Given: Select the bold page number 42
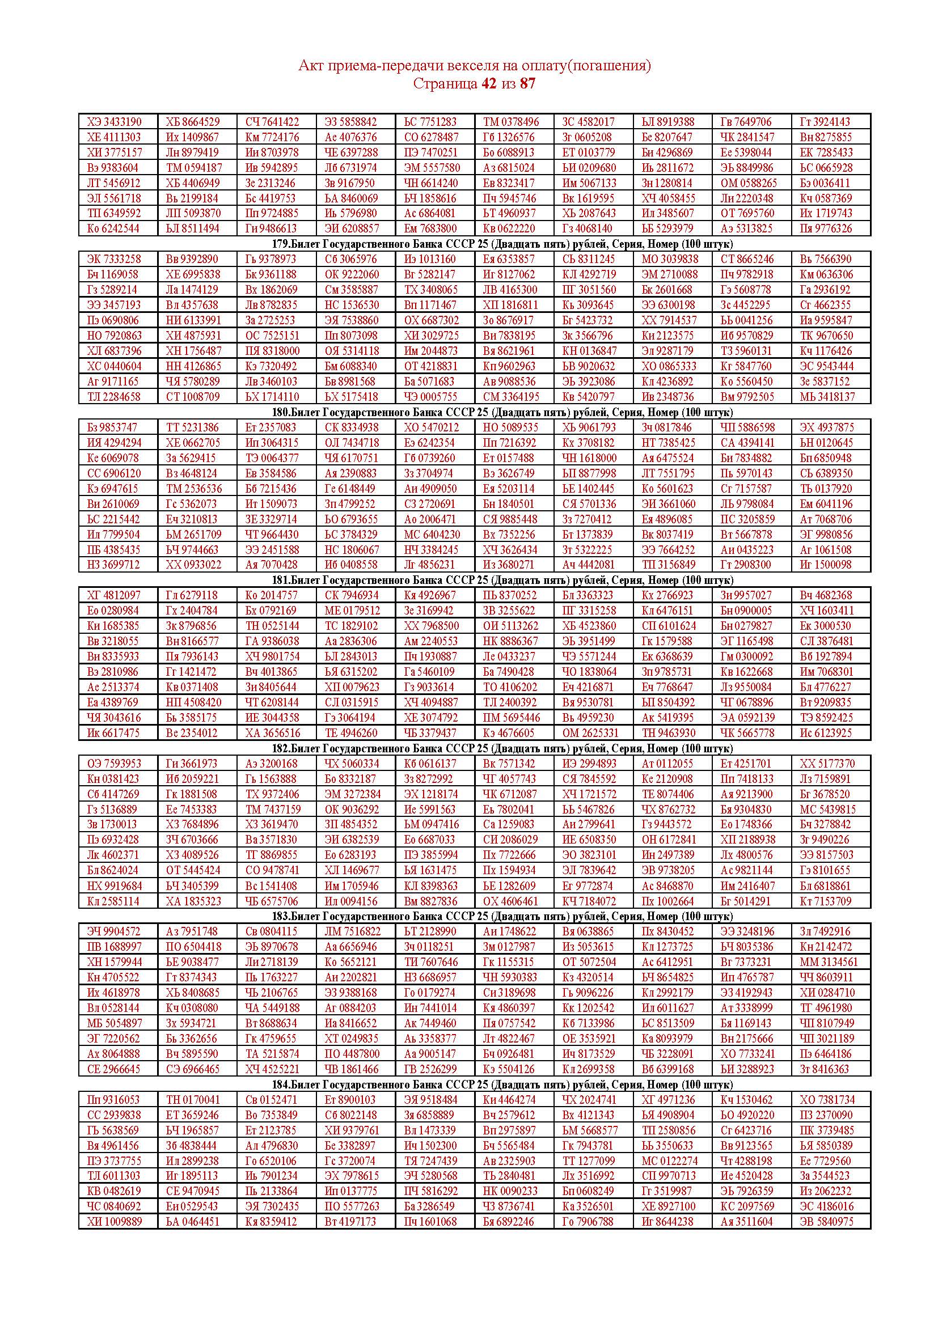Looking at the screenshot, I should click(x=488, y=84).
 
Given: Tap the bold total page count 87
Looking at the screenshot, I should click(x=527, y=84).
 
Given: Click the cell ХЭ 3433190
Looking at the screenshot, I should click(x=114, y=122).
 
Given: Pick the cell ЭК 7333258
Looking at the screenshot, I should click(x=114, y=259).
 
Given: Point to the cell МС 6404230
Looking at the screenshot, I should click(x=432, y=534).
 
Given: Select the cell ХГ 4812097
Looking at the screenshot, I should click(x=114, y=595).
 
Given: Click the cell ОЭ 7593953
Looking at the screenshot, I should click(x=114, y=764).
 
